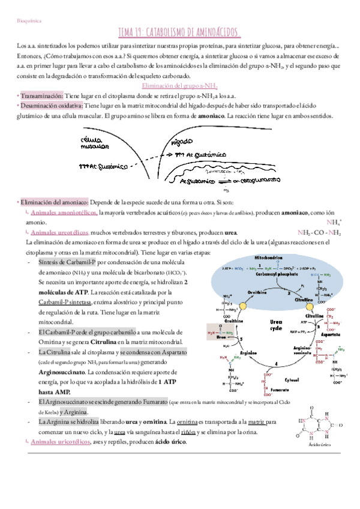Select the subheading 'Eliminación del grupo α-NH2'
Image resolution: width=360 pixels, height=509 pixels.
pos(179,86)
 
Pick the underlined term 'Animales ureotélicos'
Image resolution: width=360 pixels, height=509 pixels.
pos(61,232)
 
